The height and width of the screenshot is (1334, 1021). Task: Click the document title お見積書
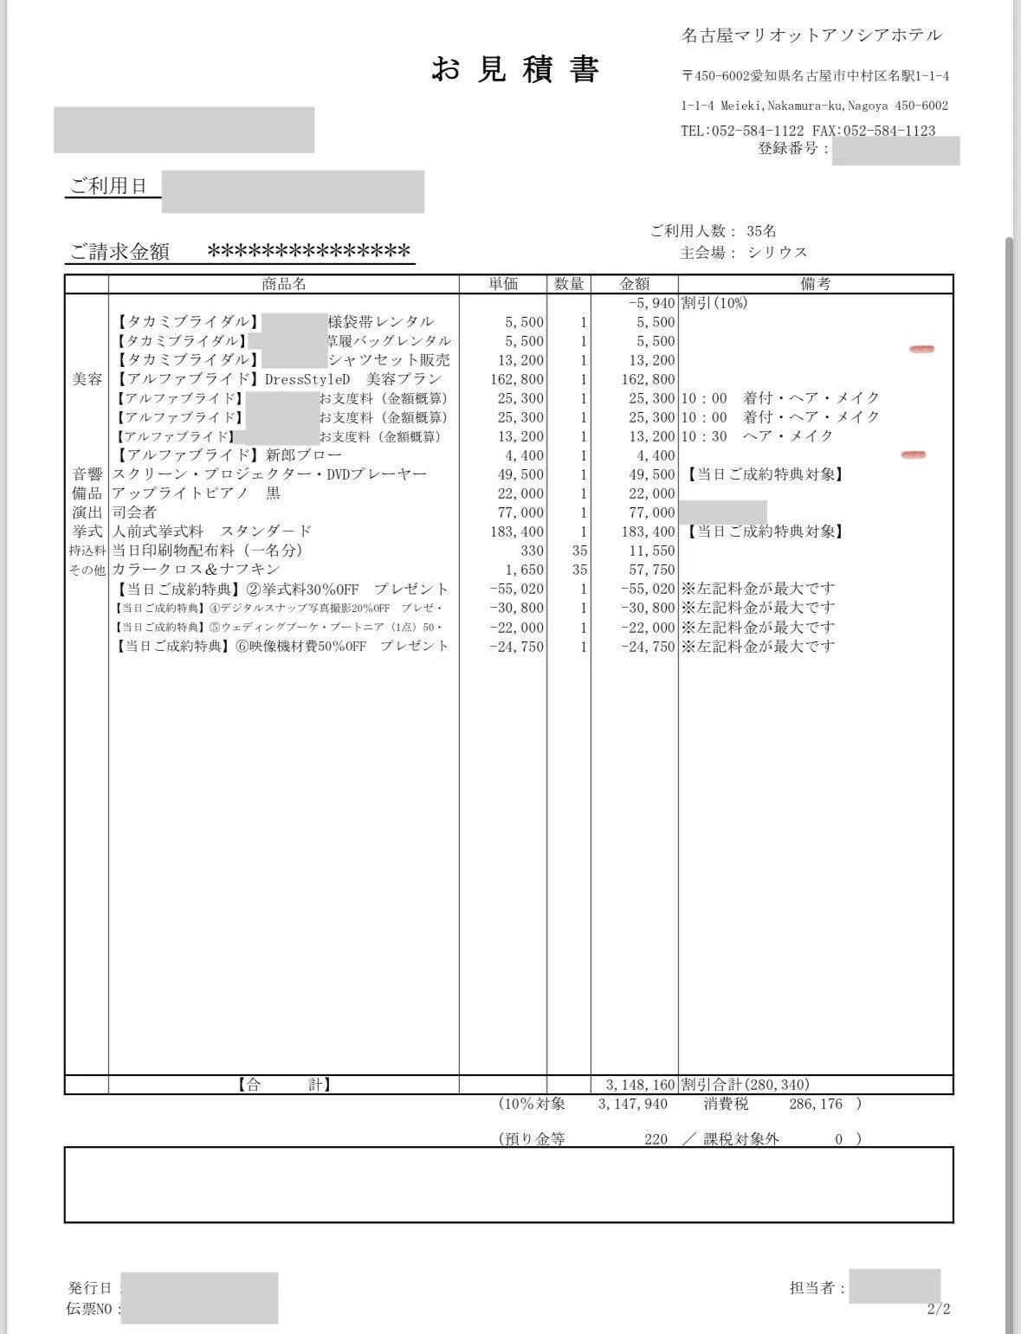tap(515, 69)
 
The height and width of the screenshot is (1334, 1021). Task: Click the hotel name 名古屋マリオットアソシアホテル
tap(811, 35)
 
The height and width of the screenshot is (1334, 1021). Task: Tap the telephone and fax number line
tap(808, 131)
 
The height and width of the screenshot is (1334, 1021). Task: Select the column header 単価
tap(503, 284)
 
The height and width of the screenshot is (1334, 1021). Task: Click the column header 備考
tap(816, 284)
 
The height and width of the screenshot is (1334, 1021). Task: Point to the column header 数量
tap(569, 284)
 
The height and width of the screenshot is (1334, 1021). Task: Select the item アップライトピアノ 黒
tap(197, 493)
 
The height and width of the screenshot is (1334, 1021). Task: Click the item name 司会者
tap(134, 512)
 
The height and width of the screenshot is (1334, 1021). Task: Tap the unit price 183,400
tap(517, 532)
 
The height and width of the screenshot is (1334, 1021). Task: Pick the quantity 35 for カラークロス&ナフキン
tap(579, 570)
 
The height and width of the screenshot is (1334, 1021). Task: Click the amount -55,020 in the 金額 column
tap(648, 589)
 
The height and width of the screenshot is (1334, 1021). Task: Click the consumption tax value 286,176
tap(816, 1105)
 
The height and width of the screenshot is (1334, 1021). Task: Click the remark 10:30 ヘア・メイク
tap(757, 436)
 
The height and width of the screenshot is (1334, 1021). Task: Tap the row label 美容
tap(87, 379)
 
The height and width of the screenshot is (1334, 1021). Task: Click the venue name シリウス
tap(778, 253)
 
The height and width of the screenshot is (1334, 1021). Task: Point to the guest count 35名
tap(761, 231)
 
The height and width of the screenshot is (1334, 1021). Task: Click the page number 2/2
tap(939, 1309)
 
